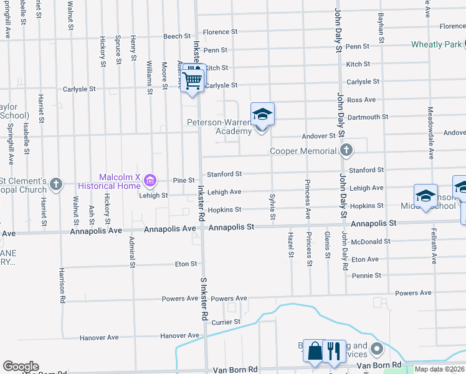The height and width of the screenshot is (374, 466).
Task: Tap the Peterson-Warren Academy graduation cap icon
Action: (x=262, y=115)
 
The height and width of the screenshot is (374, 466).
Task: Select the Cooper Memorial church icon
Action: (x=346, y=150)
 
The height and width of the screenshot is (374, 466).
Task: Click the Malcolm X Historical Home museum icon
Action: (x=150, y=181)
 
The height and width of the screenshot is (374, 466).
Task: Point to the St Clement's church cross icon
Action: (x=56, y=184)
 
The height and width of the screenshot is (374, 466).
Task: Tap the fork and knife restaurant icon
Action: (x=334, y=351)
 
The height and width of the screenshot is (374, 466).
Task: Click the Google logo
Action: (x=21, y=367)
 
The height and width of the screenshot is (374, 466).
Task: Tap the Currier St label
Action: (x=226, y=322)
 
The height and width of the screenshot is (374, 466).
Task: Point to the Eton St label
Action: (x=186, y=264)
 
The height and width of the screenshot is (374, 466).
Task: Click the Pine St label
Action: (x=184, y=180)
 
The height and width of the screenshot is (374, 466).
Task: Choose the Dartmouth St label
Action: (x=368, y=117)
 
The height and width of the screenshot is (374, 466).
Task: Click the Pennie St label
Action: (x=366, y=276)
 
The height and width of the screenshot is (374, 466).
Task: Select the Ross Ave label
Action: (x=361, y=100)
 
